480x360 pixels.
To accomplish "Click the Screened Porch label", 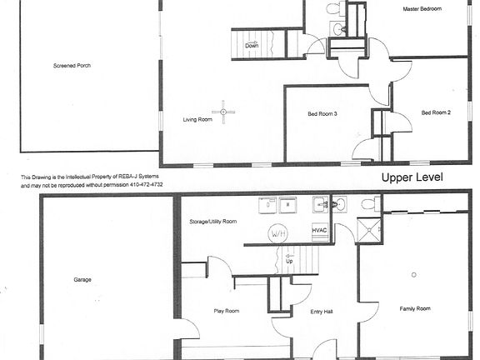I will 72,65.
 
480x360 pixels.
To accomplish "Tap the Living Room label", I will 197,120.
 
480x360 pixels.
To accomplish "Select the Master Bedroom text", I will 422,9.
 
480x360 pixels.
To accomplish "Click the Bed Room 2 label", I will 436,112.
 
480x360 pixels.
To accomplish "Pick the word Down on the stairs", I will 252,46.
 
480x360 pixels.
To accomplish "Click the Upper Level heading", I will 412,177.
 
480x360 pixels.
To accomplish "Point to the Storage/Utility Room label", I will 213,222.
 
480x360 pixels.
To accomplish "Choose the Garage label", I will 82,280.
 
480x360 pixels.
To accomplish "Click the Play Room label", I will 226,311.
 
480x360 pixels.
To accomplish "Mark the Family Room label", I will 414,309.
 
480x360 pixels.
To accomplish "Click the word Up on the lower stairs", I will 289,260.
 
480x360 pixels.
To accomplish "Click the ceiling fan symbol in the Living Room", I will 222,111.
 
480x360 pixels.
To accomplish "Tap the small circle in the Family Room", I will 413,274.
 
